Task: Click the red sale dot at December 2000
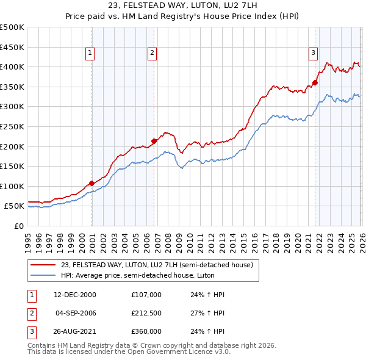[x=91, y=183]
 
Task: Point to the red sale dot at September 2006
[x=154, y=141]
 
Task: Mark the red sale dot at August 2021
[x=315, y=82]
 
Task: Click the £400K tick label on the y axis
[x=12, y=67]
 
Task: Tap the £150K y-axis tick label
[x=12, y=166]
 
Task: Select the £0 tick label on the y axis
[x=19, y=226]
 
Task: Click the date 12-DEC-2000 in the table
[x=75, y=295]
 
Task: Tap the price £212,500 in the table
[x=146, y=313]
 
